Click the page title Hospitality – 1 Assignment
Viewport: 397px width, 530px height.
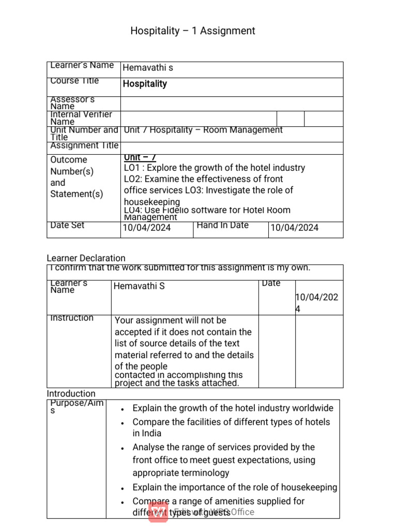pos(192,31)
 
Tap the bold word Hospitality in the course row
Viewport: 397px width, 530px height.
pos(145,84)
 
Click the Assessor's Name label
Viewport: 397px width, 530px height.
pos(72,102)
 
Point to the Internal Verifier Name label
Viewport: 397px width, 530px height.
pos(81,118)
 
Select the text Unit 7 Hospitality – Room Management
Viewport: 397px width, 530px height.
pos(203,130)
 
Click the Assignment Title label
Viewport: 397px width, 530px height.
pos(84,146)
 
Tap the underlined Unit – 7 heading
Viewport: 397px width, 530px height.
pos(140,157)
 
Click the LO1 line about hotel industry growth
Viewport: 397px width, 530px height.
pos(214,168)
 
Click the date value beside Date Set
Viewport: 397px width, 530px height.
pos(146,228)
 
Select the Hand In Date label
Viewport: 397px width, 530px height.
pos(222,225)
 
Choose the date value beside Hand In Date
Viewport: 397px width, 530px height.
pos(294,228)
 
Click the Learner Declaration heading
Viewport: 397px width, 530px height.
pos(86,258)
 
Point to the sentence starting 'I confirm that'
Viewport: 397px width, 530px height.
pos(180,268)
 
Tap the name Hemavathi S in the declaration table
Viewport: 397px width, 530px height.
pos(139,286)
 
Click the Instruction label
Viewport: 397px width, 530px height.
pos(72,318)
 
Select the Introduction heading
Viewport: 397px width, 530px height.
pos(71,393)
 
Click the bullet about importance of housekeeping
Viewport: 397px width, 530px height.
pos(235,487)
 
